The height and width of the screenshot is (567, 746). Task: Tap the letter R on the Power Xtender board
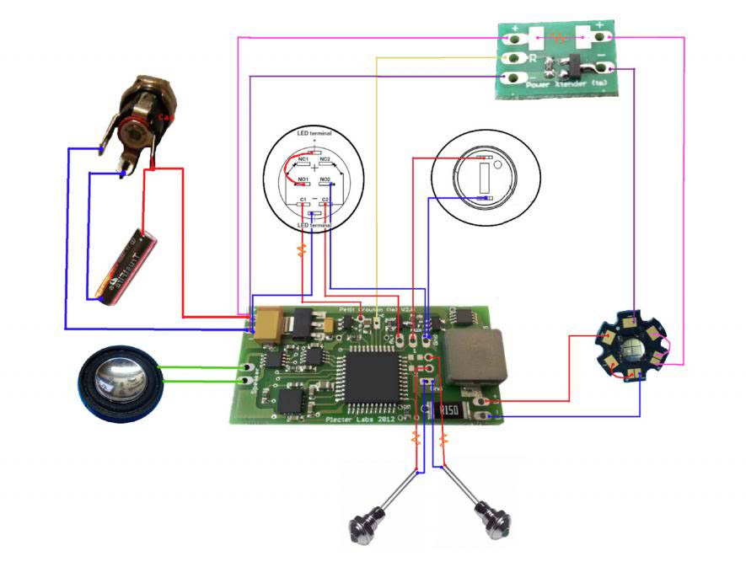pyautogui.click(x=532, y=59)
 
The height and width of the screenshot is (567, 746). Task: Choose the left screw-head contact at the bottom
pyautogui.click(x=364, y=527)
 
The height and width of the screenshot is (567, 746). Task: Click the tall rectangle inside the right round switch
pyautogui.click(x=484, y=178)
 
